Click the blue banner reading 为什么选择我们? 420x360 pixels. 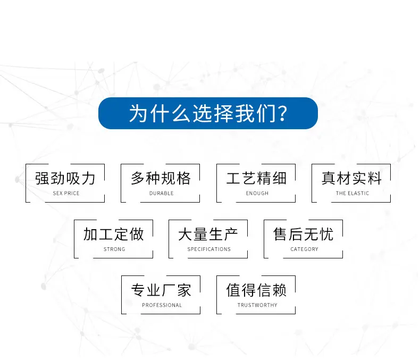click(208, 113)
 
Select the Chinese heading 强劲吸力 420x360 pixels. click(65, 178)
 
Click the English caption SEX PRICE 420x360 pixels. click(66, 193)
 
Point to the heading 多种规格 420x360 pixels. click(161, 178)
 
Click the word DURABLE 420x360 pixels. click(162, 193)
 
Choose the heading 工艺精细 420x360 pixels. click(256, 178)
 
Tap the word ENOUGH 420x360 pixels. click(257, 193)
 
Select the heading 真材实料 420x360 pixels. click(352, 178)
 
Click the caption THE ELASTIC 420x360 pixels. click(352, 193)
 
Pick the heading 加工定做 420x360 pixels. click(114, 234)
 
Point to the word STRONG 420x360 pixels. click(114, 249)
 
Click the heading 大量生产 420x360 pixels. click(208, 234)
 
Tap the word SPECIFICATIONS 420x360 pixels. click(209, 249)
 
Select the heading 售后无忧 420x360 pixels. click(304, 234)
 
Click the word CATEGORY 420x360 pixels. click(304, 249)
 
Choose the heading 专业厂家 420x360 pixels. click(161, 290)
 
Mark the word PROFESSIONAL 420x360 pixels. click(162, 305)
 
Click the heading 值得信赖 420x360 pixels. click(256, 290)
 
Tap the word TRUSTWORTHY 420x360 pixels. click(257, 305)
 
